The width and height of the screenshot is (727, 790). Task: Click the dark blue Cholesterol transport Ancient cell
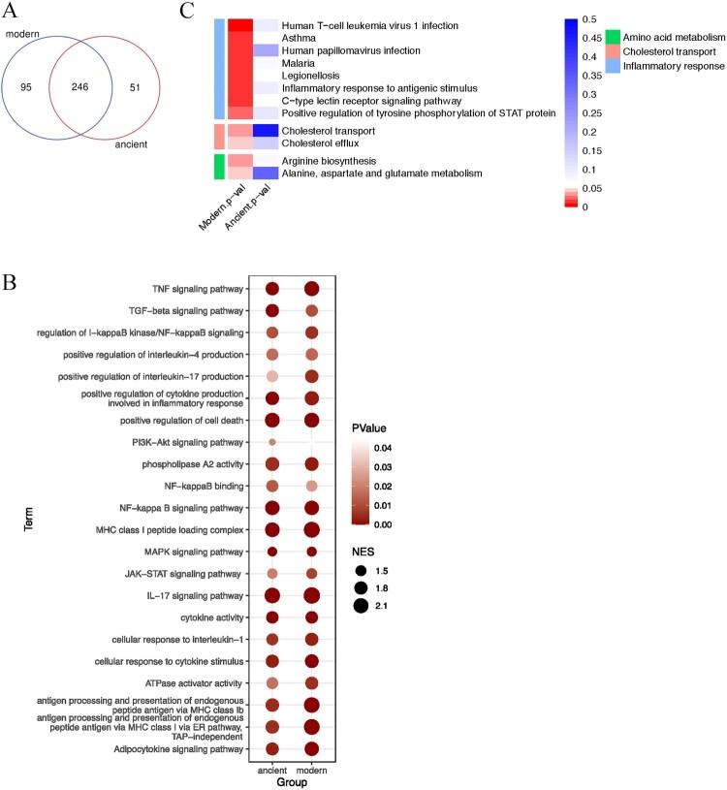coord(266,131)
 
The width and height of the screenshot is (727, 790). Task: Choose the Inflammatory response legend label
coord(676,66)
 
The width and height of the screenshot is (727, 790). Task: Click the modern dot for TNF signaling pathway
coord(312,288)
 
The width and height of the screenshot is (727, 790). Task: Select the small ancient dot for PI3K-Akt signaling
coord(272,443)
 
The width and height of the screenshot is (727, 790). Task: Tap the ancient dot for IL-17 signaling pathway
coord(272,595)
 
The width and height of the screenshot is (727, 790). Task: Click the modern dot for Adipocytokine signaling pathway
coord(312,747)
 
